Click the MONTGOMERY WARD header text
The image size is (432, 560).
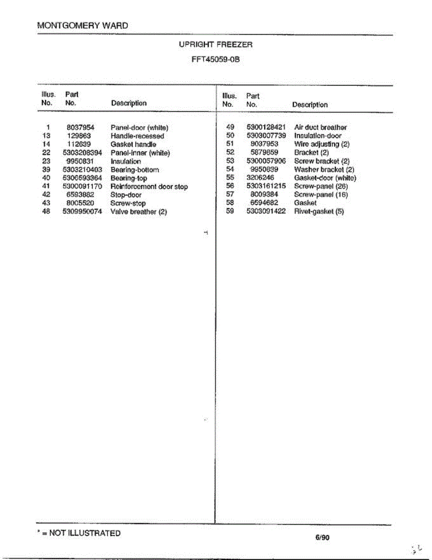[82, 26]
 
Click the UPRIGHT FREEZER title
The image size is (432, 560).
[216, 45]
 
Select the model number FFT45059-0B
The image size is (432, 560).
[216, 60]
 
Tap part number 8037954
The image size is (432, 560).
[81, 127]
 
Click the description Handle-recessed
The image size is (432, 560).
[137, 136]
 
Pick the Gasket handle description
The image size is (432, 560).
[133, 145]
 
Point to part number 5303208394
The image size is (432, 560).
[82, 153]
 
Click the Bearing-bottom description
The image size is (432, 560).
[135, 170]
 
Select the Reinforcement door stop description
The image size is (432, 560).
[149, 187]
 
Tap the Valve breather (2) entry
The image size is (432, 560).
[138, 212]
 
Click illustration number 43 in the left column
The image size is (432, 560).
[46, 203]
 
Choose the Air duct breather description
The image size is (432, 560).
[321, 127]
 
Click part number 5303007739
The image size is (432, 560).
[266, 136]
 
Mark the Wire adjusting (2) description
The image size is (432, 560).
[322, 144]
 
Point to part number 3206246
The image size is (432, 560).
[261, 178]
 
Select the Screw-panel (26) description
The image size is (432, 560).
[321, 186]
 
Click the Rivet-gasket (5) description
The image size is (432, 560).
[319, 211]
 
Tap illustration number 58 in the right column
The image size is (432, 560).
[229, 203]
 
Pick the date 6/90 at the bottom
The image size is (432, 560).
[322, 537]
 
